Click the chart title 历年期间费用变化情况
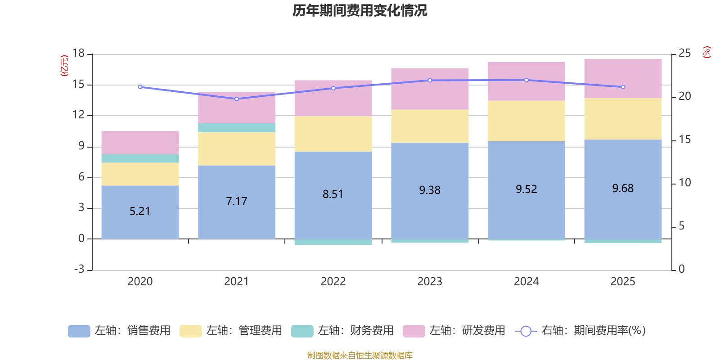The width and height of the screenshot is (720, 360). coord(360,10)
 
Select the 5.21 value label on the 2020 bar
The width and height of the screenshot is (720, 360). coord(140,211)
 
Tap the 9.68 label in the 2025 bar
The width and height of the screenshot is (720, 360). coord(623,189)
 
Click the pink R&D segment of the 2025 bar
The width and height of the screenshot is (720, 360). coord(623,78)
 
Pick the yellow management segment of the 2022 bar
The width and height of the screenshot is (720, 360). coord(333,134)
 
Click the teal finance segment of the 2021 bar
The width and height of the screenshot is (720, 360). coord(237,128)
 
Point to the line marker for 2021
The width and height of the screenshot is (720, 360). coord(237,99)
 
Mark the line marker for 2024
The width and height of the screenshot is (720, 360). coord(526,80)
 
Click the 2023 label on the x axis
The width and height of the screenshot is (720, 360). coord(430,282)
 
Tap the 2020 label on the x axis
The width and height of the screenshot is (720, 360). coord(140,282)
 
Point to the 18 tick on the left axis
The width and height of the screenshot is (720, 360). coord(79,53)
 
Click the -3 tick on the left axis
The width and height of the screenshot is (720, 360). coord(79,269)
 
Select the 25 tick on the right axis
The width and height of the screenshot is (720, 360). coord(684,53)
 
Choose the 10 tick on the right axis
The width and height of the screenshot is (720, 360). coord(684,183)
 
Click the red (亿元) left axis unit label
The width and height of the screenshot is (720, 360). coord(64,66)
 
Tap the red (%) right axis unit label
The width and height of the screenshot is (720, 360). coord(707,52)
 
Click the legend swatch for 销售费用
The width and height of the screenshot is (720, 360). coord(79,331)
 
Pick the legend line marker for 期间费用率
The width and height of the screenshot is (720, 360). coord(526,331)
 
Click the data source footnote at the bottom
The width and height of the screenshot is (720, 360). coord(360,355)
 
